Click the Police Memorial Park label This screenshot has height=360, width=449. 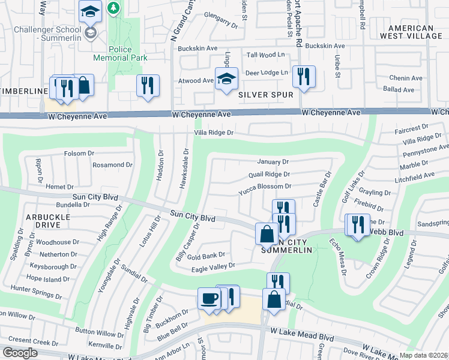pos(120,53)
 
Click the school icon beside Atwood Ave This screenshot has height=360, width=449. pos(226,80)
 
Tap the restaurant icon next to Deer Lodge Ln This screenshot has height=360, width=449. pos(304,76)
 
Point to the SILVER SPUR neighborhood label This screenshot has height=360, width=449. pos(266,95)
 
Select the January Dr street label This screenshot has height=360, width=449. pos(273,161)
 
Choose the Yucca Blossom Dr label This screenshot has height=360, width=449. pos(265,187)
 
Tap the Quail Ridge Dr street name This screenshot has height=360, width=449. pos(269,175)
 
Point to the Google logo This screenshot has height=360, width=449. pos(20,353)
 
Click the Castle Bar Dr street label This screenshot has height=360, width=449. pos(322,188)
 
